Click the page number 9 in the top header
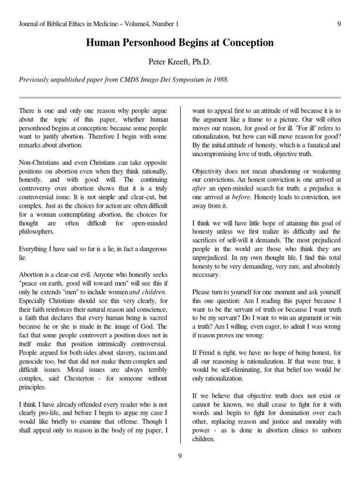pos(338,24)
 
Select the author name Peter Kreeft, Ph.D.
pos(180,61)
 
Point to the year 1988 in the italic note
pos(220,80)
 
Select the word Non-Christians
pos(39,162)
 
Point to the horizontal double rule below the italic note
pos(180,97)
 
